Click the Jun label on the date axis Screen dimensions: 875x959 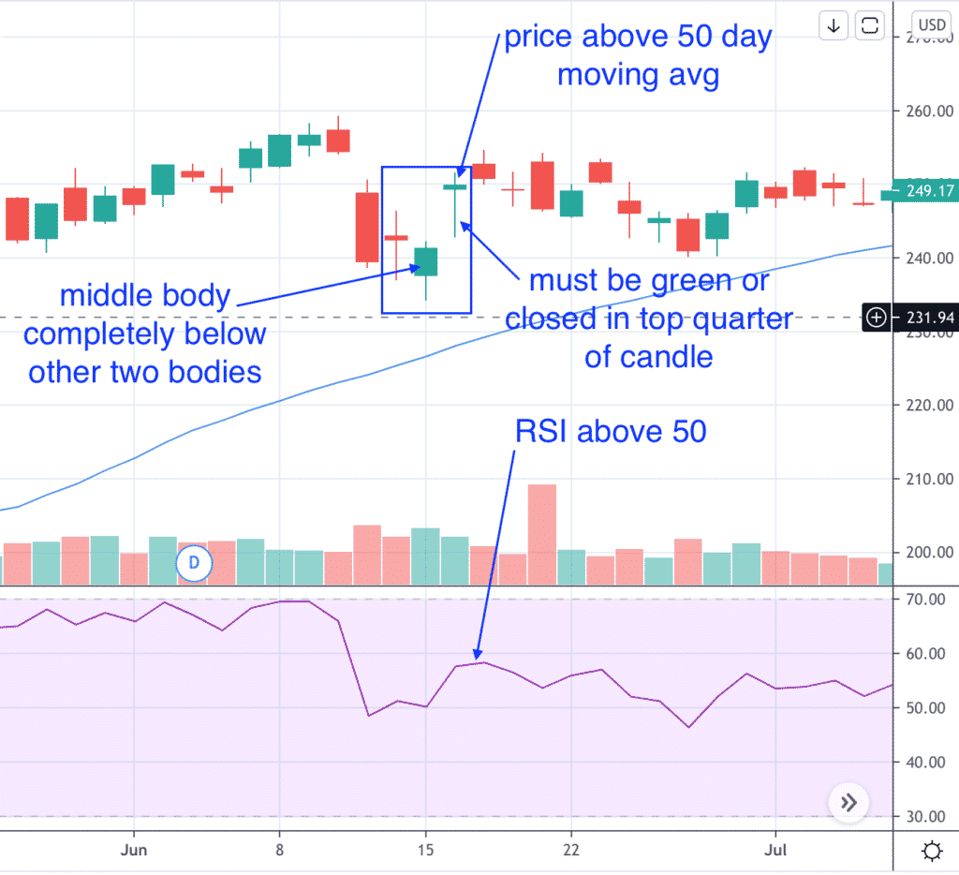tap(134, 851)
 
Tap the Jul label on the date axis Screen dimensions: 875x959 tap(775, 851)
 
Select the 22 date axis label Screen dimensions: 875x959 tap(571, 851)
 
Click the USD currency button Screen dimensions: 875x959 tap(932, 25)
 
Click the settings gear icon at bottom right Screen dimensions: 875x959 tap(931, 852)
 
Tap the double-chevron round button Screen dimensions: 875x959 tap(848, 802)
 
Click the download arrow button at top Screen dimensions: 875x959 tap(834, 25)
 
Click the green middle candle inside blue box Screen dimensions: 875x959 tap(426, 261)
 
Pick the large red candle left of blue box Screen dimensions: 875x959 tap(367, 227)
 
